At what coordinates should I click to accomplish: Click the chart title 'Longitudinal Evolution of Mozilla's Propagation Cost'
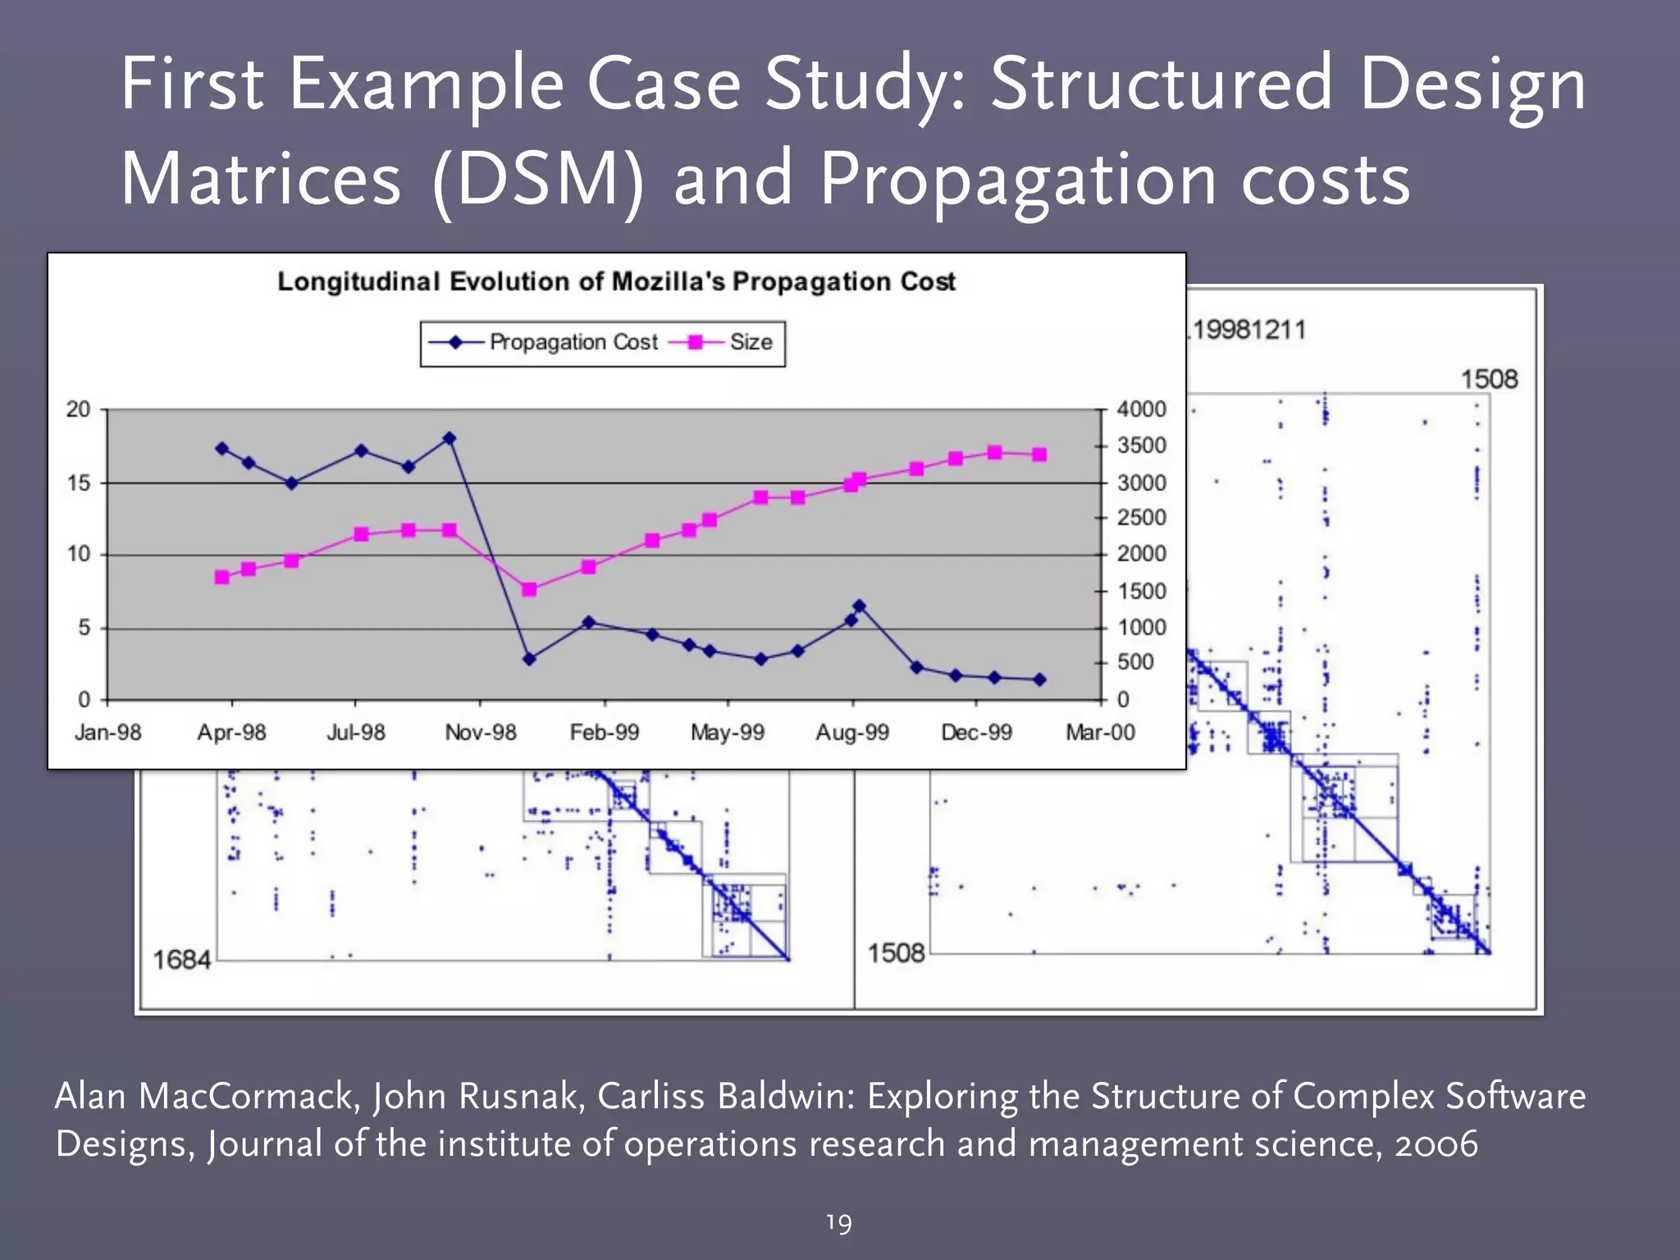pyautogui.click(x=616, y=281)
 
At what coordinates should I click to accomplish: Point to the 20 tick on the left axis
pyautogui.click(x=78, y=409)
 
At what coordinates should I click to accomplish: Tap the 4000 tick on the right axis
pyautogui.click(x=1141, y=409)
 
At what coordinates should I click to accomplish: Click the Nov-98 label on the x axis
pyautogui.click(x=481, y=733)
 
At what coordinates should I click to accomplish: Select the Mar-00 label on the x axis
pyautogui.click(x=1100, y=733)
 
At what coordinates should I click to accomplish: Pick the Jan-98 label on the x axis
pyautogui.click(x=107, y=733)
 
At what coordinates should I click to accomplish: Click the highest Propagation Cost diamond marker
pyautogui.click(x=449, y=439)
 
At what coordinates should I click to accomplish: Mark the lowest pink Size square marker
pyautogui.click(x=221, y=577)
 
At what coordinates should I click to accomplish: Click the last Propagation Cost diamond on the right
pyautogui.click(x=1039, y=679)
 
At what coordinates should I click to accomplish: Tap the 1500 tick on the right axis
pyautogui.click(x=1141, y=591)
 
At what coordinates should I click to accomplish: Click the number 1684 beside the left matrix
pyautogui.click(x=181, y=959)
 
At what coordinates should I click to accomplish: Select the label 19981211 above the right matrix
pyautogui.click(x=1249, y=331)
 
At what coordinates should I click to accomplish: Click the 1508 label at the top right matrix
pyautogui.click(x=1489, y=379)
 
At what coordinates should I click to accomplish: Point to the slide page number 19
pyautogui.click(x=838, y=1223)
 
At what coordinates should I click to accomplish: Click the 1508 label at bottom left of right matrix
pyautogui.click(x=896, y=953)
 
